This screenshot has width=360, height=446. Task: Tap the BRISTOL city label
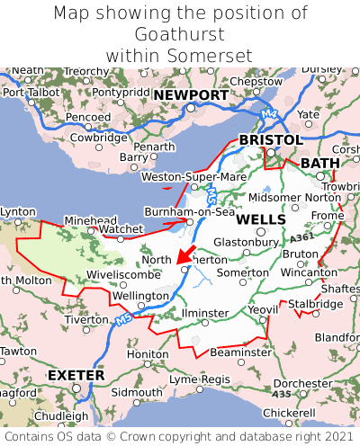click(270, 140)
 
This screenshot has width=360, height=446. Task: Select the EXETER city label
click(76, 374)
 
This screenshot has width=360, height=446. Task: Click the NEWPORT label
click(190, 95)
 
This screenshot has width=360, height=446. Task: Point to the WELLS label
click(261, 219)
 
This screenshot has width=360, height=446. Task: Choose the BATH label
click(320, 163)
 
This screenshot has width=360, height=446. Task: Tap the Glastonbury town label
click(246, 242)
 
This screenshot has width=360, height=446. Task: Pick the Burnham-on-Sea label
click(190, 212)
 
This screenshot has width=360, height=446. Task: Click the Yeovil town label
click(263, 309)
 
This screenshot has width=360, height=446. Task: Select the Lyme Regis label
click(200, 379)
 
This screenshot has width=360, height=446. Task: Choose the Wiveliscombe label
click(123, 274)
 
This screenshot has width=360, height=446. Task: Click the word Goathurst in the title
click(180, 34)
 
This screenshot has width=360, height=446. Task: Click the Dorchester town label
click(303, 382)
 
